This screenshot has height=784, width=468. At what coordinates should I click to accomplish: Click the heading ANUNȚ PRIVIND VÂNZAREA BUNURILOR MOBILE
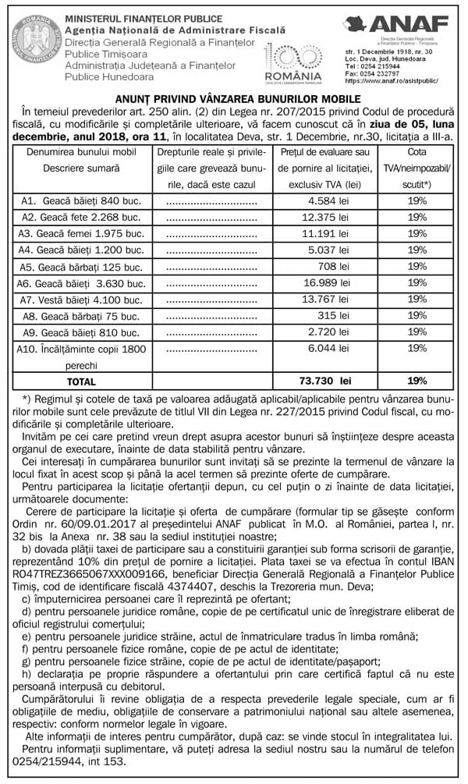[x=234, y=100]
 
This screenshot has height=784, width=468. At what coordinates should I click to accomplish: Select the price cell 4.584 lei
[x=327, y=200]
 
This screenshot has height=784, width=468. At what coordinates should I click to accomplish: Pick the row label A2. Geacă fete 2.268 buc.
[x=80, y=216]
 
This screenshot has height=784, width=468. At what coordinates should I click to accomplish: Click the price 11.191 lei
[x=327, y=232]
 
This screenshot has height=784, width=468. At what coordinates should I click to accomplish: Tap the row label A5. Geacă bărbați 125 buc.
[x=80, y=267]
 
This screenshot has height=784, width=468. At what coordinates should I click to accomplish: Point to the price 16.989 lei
[x=327, y=282]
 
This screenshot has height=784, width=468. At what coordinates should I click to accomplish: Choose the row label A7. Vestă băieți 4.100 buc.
[x=80, y=299]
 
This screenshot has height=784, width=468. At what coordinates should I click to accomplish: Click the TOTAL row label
[x=81, y=381]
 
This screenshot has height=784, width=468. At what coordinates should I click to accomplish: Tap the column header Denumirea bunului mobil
[x=81, y=151]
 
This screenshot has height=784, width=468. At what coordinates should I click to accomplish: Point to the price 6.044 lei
[x=327, y=348]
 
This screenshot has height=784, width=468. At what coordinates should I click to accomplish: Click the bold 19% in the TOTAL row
[x=417, y=381]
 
